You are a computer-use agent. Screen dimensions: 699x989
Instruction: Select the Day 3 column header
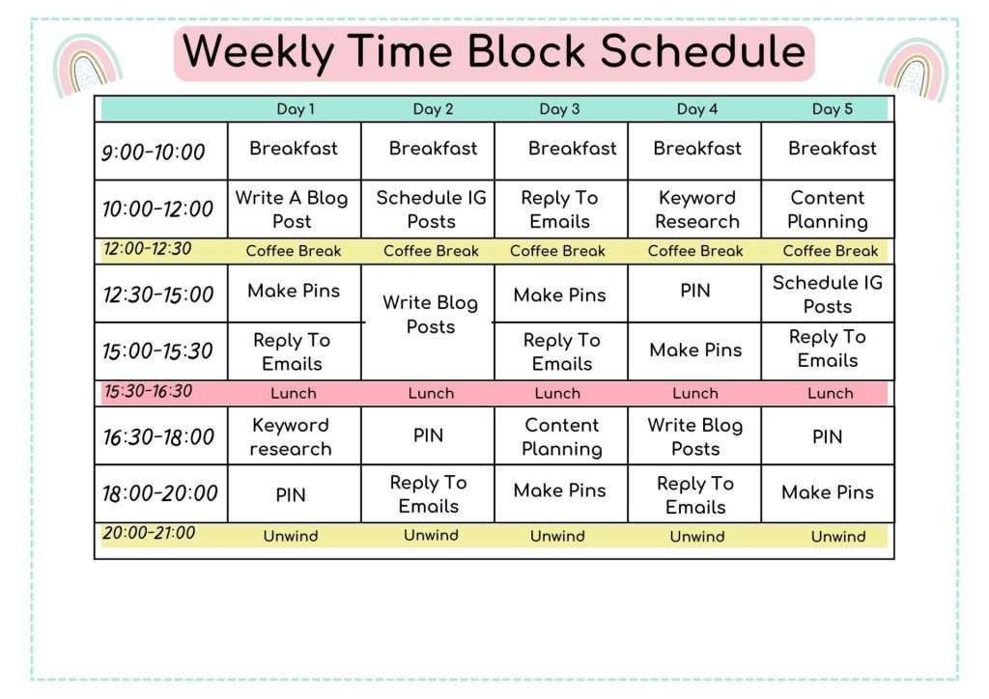560,109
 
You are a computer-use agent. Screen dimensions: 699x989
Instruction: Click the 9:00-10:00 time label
154,152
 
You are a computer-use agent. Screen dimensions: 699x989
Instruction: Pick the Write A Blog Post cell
292,210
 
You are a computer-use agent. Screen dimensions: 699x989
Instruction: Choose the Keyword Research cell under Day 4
696,210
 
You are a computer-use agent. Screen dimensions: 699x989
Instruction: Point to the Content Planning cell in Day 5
828,210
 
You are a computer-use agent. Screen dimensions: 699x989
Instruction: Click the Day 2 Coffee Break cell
431,251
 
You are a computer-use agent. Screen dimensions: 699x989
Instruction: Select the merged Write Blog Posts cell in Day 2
430,315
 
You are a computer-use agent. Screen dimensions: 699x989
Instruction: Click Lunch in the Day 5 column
831,393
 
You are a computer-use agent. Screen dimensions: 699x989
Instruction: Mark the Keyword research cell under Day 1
291,436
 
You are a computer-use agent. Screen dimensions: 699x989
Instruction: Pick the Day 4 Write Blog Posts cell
695,436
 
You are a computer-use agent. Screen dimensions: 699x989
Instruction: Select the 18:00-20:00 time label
160,493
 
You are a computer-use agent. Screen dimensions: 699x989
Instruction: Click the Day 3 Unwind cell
557,536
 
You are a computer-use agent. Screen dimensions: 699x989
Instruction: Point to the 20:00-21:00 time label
149,533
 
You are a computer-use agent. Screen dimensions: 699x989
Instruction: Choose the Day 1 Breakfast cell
294,149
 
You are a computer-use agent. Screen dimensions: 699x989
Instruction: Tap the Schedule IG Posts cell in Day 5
828,294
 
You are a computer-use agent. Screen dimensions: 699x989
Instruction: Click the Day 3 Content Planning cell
561,436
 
